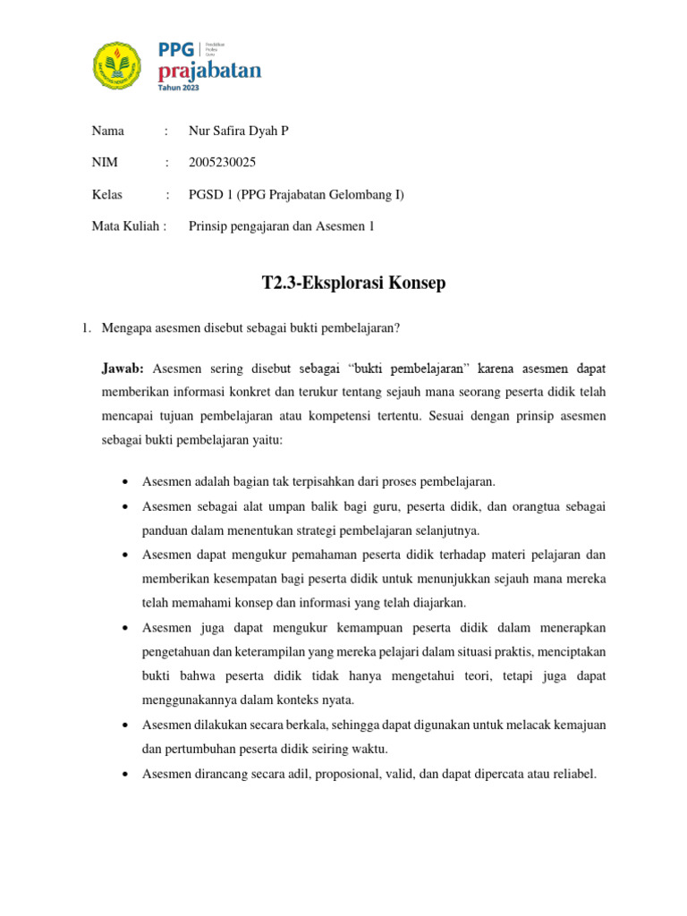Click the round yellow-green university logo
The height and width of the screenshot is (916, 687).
click(x=117, y=64)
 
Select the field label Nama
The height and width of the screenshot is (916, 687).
click(x=107, y=131)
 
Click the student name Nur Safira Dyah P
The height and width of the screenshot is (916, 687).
click(x=239, y=131)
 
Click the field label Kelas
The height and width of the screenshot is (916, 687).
click(x=107, y=194)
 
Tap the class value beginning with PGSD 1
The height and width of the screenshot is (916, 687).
click(x=296, y=194)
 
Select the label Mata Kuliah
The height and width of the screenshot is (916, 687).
click(x=129, y=225)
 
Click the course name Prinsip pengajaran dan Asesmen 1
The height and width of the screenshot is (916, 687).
click(x=281, y=225)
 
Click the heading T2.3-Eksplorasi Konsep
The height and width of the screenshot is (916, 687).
click(x=353, y=284)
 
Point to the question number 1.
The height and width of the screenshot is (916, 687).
click(x=87, y=328)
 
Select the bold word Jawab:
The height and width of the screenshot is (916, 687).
click(x=126, y=368)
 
